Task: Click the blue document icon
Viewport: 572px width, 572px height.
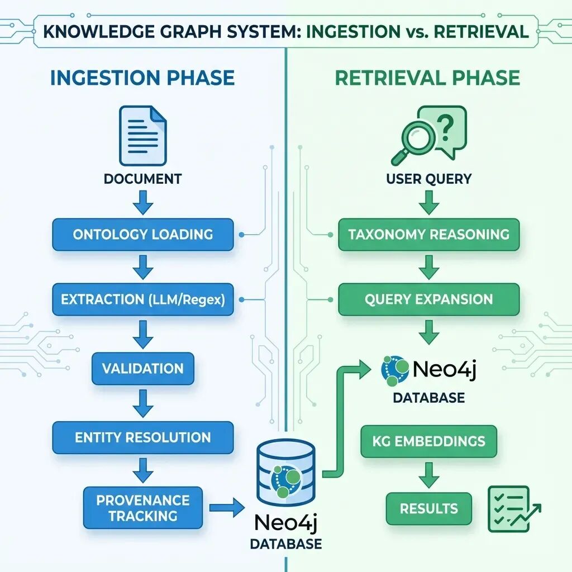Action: click(x=142, y=136)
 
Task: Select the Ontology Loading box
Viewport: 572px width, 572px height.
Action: click(x=142, y=234)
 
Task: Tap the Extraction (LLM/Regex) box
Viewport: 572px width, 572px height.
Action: click(x=142, y=299)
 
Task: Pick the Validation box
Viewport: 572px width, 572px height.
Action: click(x=142, y=369)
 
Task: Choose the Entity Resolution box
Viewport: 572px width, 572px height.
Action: click(x=142, y=437)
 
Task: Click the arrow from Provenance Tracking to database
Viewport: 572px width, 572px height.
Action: click(x=227, y=508)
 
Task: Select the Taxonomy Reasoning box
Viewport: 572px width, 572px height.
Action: click(x=429, y=234)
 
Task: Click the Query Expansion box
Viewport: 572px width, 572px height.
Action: click(x=429, y=299)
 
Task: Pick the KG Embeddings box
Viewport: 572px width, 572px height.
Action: click(x=429, y=441)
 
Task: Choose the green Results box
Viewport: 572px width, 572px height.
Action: click(x=429, y=508)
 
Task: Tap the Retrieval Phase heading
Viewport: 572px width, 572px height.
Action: click(x=427, y=78)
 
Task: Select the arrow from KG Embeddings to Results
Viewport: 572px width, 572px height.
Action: click(x=429, y=475)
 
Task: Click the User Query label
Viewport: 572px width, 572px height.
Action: click(x=429, y=179)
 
